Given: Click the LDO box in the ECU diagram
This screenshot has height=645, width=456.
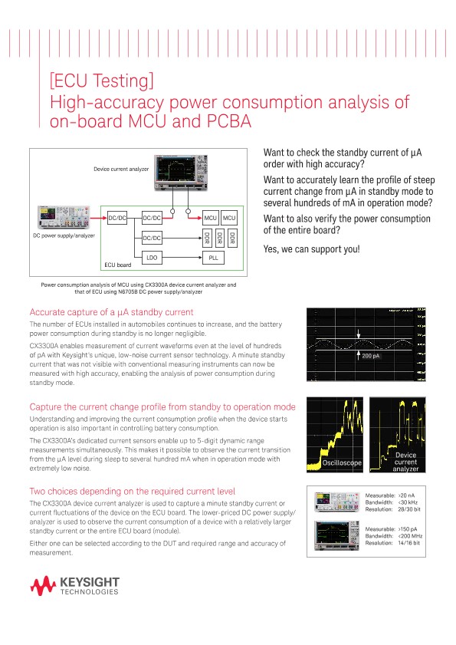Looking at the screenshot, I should (x=152, y=258).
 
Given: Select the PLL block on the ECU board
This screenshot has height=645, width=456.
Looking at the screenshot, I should (x=213, y=258).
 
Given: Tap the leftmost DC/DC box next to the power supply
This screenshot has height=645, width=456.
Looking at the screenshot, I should (x=117, y=219).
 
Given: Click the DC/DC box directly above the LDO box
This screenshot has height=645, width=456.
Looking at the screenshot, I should (x=152, y=239).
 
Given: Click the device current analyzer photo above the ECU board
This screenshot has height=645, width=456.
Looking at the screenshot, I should (x=179, y=172).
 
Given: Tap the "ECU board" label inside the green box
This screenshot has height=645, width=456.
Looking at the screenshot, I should (x=119, y=265).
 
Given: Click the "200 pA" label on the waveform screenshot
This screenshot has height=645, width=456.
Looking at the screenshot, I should (x=372, y=357).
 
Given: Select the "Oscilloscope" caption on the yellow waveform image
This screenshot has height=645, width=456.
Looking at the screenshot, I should (x=333, y=462).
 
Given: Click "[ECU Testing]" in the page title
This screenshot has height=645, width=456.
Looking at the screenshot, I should (x=102, y=81).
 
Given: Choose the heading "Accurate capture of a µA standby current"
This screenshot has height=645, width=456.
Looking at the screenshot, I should (x=111, y=311).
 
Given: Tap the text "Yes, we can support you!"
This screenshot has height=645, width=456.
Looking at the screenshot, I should (x=310, y=249).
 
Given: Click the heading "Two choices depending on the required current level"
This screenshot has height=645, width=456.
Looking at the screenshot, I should (x=133, y=491).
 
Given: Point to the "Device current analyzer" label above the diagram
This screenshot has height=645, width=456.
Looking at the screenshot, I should (x=121, y=168).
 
